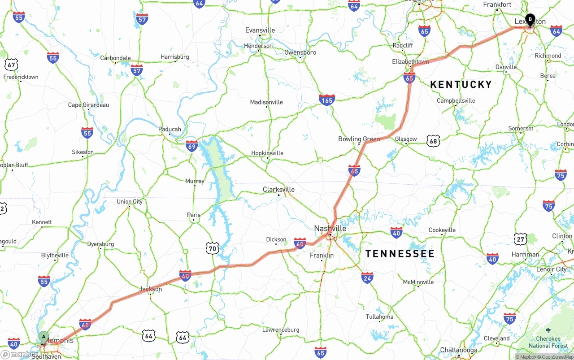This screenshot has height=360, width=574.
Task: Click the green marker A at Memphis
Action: [x=43, y=336]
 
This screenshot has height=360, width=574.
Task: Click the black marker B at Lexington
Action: [x=530, y=19]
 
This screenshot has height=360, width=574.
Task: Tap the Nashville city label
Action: [x=330, y=228]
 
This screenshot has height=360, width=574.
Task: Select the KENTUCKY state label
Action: [x=461, y=84]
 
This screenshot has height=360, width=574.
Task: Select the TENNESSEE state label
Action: [x=400, y=254]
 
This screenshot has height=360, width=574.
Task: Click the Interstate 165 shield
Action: [x=327, y=100]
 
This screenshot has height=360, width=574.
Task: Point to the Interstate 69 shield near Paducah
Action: [x=192, y=145]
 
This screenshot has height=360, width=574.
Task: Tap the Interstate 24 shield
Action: [x=367, y=278]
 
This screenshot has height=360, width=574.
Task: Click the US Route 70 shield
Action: [x=213, y=248]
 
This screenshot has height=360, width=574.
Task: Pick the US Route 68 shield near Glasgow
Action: [x=433, y=141]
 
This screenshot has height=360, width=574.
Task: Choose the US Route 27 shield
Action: [x=521, y=239]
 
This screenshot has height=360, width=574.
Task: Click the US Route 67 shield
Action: [x=11, y=65]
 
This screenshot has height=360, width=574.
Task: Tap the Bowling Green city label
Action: [x=359, y=139]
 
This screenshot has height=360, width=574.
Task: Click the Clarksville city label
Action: [x=278, y=190]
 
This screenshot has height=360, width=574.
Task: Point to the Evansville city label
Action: [x=260, y=30]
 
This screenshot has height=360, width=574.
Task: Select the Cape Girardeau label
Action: [x=88, y=105]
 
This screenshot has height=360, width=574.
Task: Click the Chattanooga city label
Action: [x=458, y=350]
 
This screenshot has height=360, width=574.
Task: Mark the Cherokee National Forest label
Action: [x=548, y=342]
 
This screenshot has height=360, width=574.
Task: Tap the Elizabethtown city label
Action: [x=410, y=61]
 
